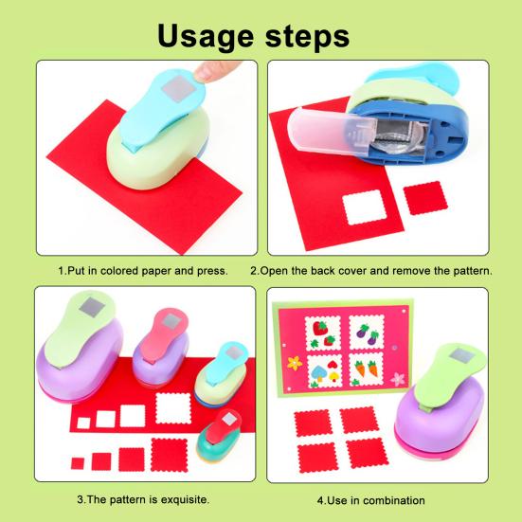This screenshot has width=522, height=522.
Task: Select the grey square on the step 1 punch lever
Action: [x=176, y=91]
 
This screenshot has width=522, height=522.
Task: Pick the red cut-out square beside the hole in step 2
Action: [x=423, y=199]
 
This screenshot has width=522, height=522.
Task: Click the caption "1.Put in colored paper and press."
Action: [x=142, y=270]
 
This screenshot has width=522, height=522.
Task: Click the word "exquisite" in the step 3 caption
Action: [x=181, y=498]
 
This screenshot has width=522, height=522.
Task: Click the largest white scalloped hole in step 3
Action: [x=173, y=409]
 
